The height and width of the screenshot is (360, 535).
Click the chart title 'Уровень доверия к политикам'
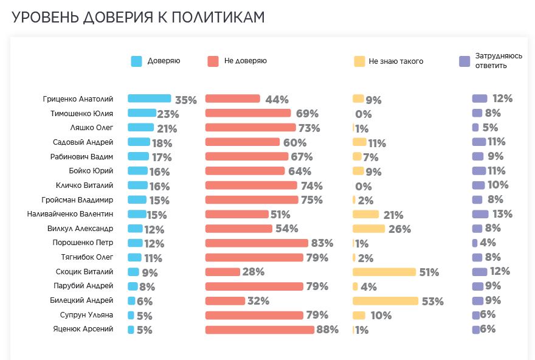coord(139,17)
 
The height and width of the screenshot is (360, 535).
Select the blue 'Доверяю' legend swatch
coord(136,61)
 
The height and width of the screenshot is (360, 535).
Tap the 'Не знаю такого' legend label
coord(396,61)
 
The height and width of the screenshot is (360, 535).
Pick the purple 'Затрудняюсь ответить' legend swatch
coord(465,61)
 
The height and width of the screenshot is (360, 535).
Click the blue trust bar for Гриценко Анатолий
coord(150,99)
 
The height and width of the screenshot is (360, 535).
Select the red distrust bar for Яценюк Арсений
coord(260,330)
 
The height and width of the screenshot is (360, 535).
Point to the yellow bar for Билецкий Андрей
coord(385,301)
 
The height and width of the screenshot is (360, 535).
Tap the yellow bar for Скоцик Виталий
coord(384,272)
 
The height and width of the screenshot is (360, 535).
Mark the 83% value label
coord(322,243)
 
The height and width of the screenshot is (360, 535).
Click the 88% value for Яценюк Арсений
coord(327,330)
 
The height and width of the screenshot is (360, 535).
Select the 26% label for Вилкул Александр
coord(399,229)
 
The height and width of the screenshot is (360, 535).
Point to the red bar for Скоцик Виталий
coord(223,272)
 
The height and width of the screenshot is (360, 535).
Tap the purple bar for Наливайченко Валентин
coord(480,214)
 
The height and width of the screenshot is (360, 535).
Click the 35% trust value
coord(186,100)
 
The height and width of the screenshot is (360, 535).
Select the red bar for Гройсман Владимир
coord(252,199)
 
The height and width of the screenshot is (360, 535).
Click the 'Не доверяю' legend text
coord(246,61)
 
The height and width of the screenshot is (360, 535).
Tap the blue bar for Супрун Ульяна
coord(131,315)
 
